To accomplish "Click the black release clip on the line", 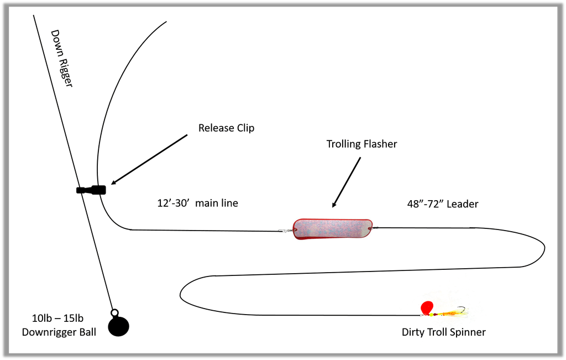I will click(92, 190).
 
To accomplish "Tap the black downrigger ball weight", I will click(118, 326).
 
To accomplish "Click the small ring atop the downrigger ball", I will click(114, 313).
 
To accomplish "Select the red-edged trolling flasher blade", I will click(332, 229).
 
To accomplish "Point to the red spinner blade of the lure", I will click(426, 307).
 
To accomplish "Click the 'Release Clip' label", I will click(226, 128).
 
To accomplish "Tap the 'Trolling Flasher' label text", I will click(361, 144).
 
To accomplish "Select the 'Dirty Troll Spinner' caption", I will click(443, 332).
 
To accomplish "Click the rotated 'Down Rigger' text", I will click(62, 58).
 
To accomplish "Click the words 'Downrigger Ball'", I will click(59, 332).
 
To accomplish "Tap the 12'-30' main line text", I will click(197, 204).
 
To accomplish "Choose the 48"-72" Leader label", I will click(442, 204).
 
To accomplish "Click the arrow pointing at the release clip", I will click(149, 159).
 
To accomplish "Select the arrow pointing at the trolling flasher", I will click(347, 182).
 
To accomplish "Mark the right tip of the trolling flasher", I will click(371, 227).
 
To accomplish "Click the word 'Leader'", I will click(462, 204).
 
